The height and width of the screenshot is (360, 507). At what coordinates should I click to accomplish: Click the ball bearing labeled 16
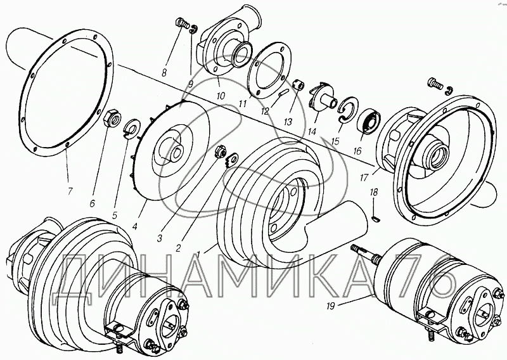click(x=369, y=121)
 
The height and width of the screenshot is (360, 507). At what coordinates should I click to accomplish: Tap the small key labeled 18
click(x=376, y=219)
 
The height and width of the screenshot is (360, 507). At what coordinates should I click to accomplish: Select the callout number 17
click(x=364, y=177)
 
